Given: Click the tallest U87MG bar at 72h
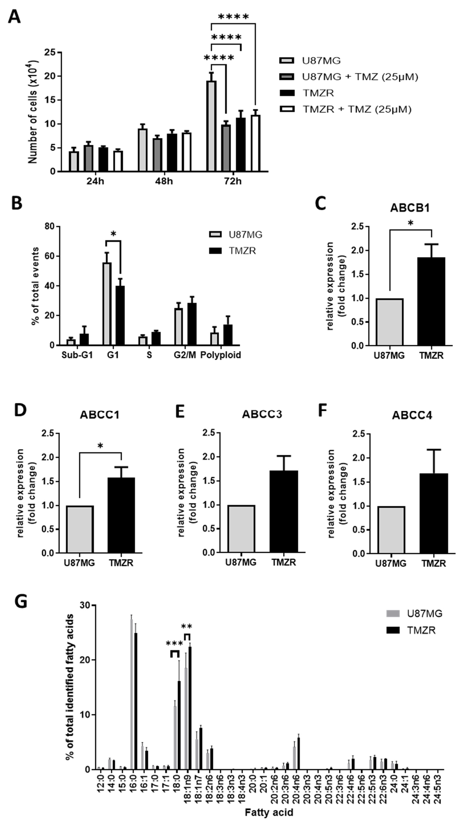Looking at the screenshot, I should (x=211, y=126).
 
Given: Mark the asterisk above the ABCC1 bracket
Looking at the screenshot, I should (x=100, y=446).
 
